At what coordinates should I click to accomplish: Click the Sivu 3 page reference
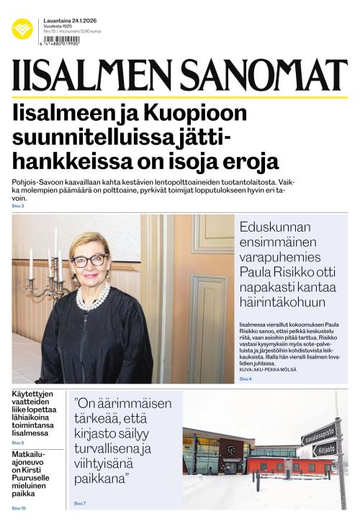[18, 207]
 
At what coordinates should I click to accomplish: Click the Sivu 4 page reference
[246, 378]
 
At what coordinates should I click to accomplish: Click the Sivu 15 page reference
[19, 508]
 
